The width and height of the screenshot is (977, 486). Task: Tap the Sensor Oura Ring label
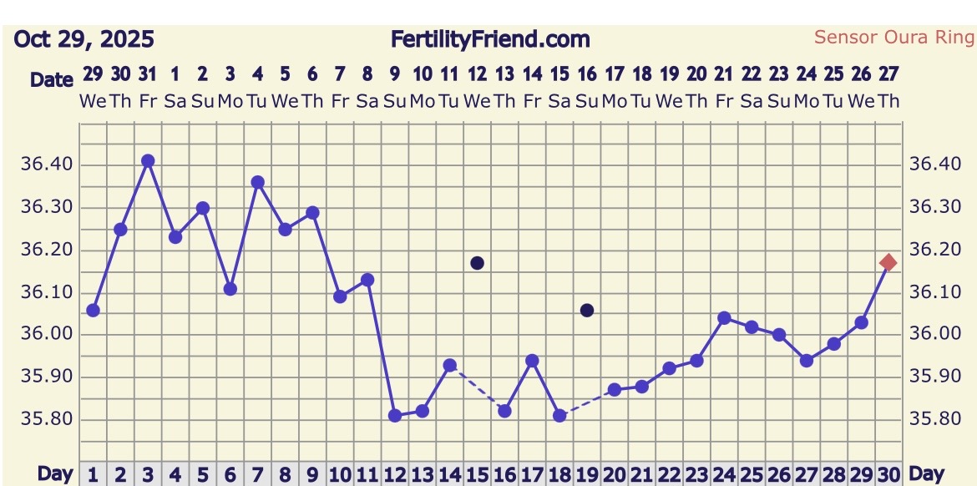[x=894, y=37]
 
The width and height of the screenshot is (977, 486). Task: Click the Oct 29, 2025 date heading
[x=84, y=39]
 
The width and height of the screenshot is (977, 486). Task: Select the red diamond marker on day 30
[x=888, y=263]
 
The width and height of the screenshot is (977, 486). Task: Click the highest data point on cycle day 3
[x=148, y=161]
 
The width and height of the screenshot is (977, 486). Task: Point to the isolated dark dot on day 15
[x=477, y=263]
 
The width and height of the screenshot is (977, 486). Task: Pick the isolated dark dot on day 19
[x=587, y=311]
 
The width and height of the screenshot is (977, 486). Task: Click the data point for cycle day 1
[x=93, y=311]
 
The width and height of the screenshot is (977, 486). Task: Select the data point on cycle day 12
[x=395, y=415]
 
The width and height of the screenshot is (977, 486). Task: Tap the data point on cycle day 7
[x=257, y=182]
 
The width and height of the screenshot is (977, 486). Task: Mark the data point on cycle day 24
[x=724, y=318]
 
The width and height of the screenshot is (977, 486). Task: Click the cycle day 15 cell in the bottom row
[x=477, y=474]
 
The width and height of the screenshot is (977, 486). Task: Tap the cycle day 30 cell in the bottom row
[x=888, y=474]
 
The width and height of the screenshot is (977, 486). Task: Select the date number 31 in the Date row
[x=148, y=74]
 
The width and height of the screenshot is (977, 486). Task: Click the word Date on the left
[x=52, y=80]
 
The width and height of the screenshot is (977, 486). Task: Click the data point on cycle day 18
[x=559, y=415]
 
